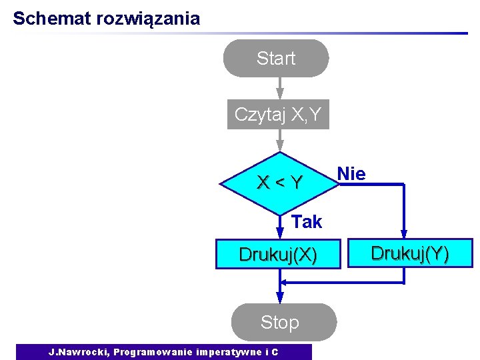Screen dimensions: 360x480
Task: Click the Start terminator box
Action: point(275,59)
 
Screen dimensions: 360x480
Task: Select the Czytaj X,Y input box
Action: point(278,115)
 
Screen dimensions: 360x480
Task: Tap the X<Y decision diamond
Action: point(280,181)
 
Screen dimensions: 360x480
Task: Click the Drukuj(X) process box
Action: point(278,255)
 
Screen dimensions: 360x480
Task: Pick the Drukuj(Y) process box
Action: point(410,254)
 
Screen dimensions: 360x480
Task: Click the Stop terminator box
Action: point(280,323)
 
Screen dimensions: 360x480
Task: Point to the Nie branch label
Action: point(351,174)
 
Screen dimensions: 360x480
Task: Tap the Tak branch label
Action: point(307,222)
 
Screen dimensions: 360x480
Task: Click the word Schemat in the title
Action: point(51,18)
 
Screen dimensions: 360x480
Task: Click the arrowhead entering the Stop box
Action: point(280,300)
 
